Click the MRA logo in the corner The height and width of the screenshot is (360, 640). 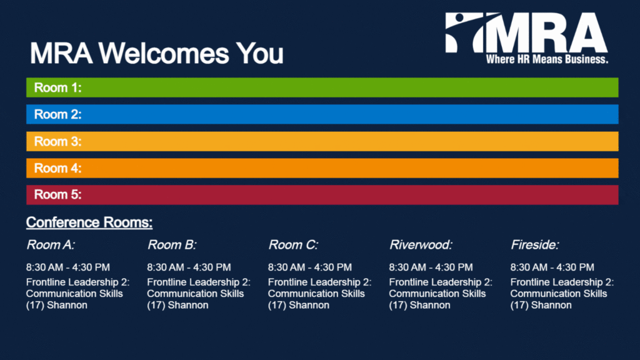coord(526,38)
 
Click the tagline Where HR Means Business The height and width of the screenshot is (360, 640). coord(547,59)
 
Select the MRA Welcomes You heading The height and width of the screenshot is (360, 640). coord(156,54)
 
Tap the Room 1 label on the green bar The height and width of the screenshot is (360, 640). coord(57,87)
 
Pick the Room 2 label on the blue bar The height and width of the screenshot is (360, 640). coord(57,114)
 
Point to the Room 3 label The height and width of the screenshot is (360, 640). coord(57,142)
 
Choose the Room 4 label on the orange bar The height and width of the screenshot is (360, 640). coord(57,168)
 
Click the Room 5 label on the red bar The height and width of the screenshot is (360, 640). coord(57,195)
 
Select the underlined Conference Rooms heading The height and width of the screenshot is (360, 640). coord(89,222)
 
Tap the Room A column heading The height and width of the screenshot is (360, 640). coord(51,245)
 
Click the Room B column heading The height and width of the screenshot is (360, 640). coord(172,245)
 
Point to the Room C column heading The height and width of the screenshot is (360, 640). coord(293,245)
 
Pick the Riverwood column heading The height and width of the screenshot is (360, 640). coord(421,245)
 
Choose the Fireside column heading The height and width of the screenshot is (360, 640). coord(535,245)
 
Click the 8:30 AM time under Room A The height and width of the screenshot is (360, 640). coord(43,267)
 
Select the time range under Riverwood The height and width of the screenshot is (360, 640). coord(431,267)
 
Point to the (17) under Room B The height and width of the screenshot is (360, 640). coord(156,305)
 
